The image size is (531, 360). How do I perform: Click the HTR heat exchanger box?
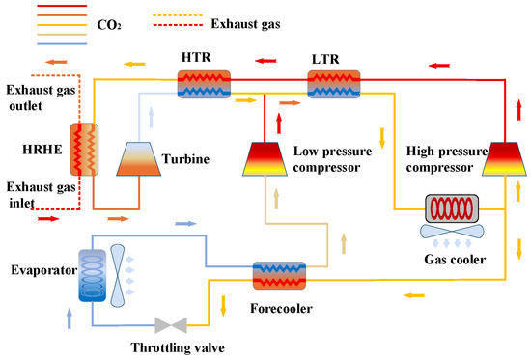click(x=204, y=84)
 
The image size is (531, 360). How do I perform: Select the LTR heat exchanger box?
click(x=334, y=84)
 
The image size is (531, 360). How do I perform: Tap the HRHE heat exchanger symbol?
click(x=84, y=150)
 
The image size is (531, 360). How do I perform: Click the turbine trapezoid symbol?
click(x=138, y=159)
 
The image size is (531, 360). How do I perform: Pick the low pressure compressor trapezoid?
click(x=265, y=159)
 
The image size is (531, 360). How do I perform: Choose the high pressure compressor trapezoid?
click(x=505, y=159)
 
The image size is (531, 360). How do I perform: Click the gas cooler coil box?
click(x=452, y=208)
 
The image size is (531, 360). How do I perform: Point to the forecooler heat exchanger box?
click(x=279, y=275)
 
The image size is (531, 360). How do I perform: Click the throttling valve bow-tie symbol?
click(x=171, y=325)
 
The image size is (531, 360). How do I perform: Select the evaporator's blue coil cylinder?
click(x=92, y=275)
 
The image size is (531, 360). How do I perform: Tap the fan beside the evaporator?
click(x=117, y=276)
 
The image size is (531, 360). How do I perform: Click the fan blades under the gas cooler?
click(x=452, y=231)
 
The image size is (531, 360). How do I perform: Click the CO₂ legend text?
click(x=109, y=25)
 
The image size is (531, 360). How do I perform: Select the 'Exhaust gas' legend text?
click(x=245, y=24)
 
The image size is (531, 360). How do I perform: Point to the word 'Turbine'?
click(x=185, y=159)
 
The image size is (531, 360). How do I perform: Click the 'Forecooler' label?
click(x=281, y=308)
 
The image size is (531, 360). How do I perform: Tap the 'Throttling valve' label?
click(x=178, y=347)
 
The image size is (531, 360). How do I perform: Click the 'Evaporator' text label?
click(x=44, y=270)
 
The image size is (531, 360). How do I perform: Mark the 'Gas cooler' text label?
click(x=455, y=260)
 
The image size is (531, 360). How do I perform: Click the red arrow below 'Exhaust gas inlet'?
click(x=48, y=219)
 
